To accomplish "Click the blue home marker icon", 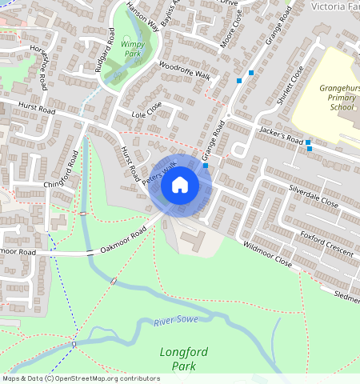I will click(x=180, y=185).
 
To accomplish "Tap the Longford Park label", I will click(x=183, y=358).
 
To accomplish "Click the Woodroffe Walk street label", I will click(x=183, y=70).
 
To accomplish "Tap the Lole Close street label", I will click(x=146, y=110).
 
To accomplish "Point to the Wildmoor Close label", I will click(x=267, y=256).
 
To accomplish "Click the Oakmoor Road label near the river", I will click(x=124, y=240).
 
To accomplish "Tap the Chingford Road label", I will click(x=63, y=170).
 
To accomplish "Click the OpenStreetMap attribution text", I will click(x=80, y=378).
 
